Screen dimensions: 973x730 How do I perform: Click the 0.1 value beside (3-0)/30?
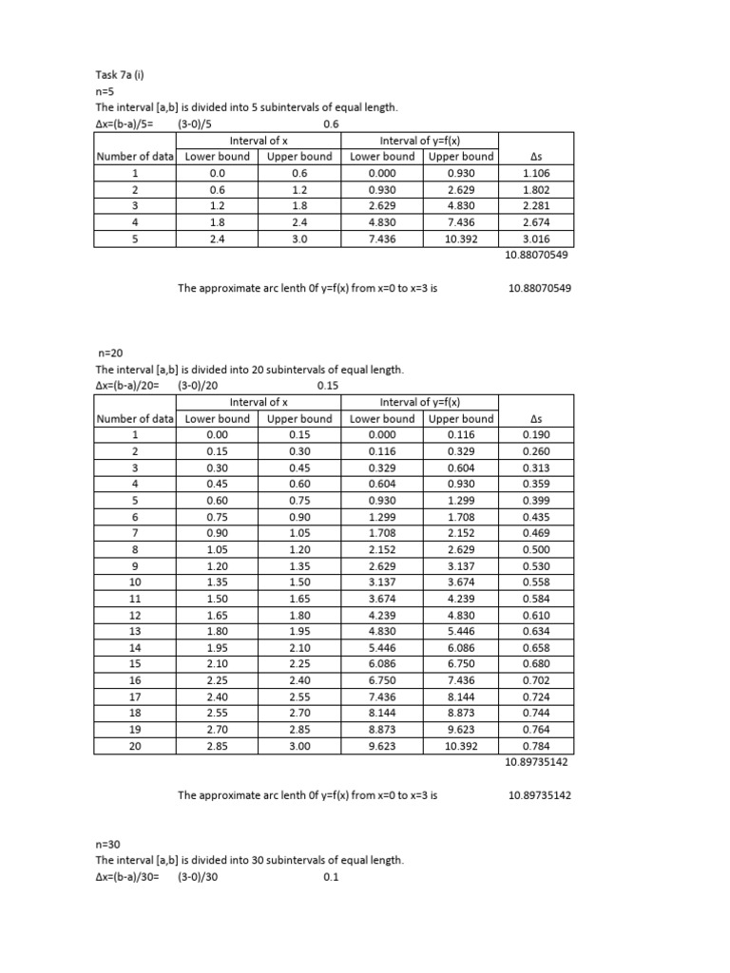[331, 877]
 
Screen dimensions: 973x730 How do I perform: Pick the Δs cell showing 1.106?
[535, 173]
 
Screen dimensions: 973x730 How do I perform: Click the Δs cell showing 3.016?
[535, 239]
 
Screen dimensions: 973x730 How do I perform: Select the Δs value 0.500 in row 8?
[535, 549]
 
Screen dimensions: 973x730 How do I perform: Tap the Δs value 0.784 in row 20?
[535, 747]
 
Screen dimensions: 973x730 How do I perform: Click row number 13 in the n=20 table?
[135, 632]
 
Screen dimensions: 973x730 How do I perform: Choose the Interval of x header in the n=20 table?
[259, 403]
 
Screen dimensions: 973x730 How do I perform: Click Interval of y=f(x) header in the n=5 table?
[421, 140]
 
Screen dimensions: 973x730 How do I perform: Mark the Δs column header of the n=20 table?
[535, 419]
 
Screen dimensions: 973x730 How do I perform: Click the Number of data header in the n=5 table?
[135, 157]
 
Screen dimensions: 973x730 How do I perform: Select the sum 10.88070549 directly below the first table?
[534, 256]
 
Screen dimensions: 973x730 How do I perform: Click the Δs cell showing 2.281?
[535, 206]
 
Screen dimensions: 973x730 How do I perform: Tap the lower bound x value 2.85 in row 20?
[218, 747]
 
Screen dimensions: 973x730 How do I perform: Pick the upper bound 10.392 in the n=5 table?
[461, 239]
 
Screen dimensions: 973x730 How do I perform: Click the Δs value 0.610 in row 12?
[535, 615]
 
